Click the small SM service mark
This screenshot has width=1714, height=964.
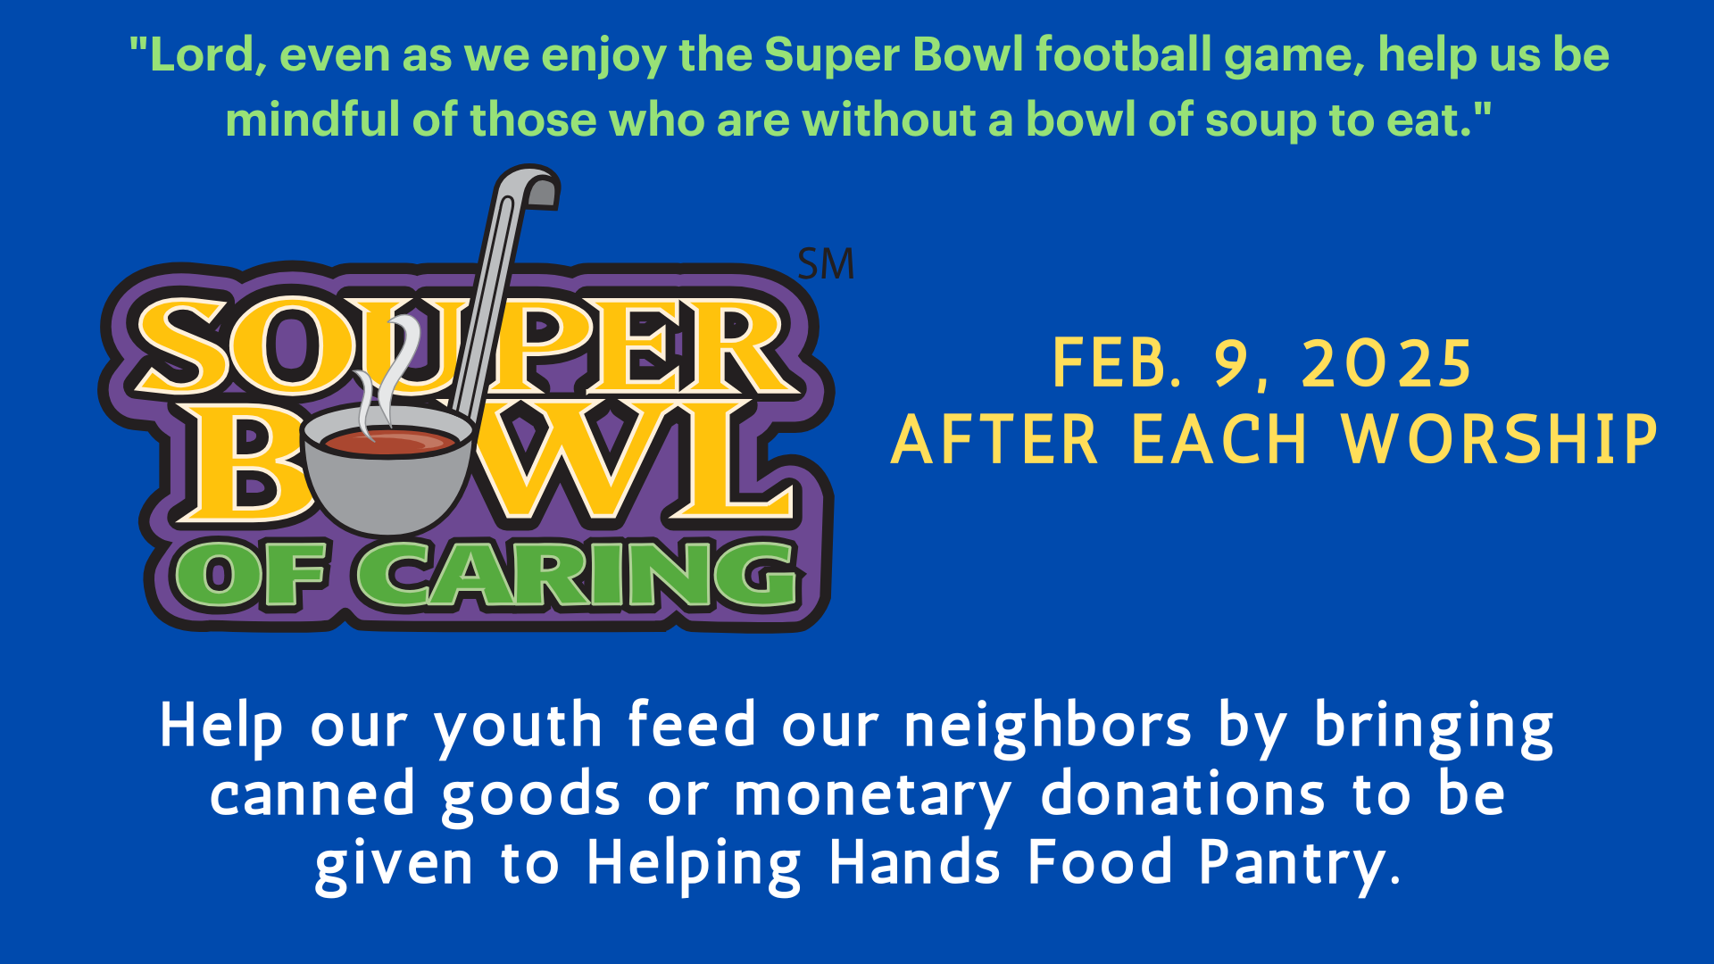826,264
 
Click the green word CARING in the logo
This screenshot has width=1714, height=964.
578,576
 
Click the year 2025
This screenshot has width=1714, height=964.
1386,364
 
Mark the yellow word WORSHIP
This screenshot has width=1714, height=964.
1500,440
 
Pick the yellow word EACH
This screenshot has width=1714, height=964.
1219,440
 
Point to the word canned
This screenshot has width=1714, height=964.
312,794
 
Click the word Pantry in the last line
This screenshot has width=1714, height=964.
1299,865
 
